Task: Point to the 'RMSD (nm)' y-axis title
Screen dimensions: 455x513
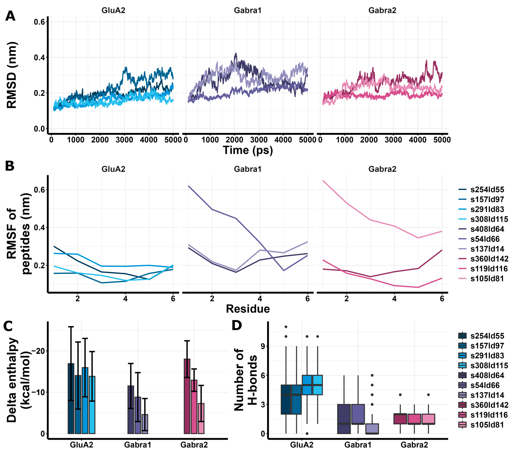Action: point(12,75)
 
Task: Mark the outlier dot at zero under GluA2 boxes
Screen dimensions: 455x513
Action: point(307,433)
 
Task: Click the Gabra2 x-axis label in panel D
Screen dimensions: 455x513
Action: point(414,445)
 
